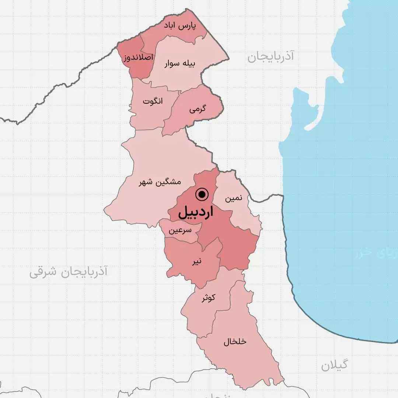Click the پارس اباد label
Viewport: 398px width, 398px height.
[180, 27]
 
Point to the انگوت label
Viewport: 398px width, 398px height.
[153, 101]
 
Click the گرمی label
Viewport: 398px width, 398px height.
[198, 109]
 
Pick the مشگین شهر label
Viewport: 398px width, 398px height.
[160, 182]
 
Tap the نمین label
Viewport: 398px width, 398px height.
[234, 198]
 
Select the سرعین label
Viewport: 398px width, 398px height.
[180, 231]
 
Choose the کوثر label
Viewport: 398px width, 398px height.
[208, 298]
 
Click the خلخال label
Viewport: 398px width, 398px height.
[235, 342]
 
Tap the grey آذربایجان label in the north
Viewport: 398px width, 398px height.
[270, 56]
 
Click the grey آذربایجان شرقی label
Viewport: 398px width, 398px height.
[68, 272]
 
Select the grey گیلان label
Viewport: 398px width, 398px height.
[334, 365]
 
